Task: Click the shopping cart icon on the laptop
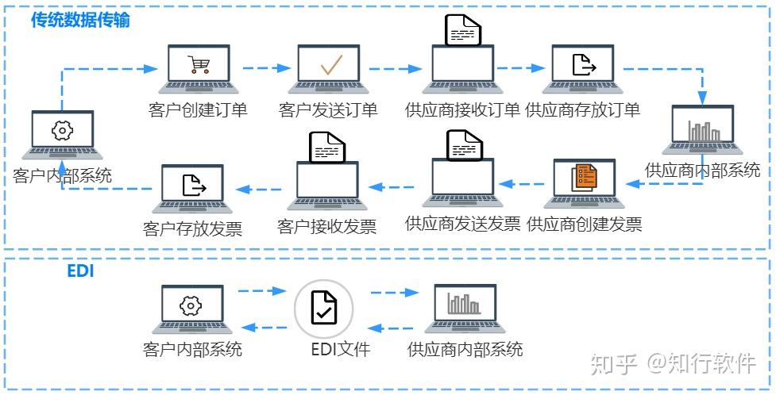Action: click(x=199, y=65)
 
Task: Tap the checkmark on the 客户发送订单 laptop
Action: click(x=330, y=65)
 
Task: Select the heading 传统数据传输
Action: click(x=80, y=21)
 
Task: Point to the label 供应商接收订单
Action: click(x=462, y=109)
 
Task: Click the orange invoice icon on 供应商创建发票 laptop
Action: click(x=585, y=176)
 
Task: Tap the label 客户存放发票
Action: click(x=193, y=229)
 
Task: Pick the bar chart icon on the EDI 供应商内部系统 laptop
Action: click(x=464, y=305)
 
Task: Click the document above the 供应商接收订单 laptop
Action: click(x=464, y=31)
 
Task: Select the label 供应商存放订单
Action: click(x=583, y=109)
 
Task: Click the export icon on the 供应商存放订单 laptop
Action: click(x=585, y=65)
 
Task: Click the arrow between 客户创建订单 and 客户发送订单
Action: click(x=264, y=68)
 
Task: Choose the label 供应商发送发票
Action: click(x=462, y=224)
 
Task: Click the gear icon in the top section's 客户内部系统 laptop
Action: click(x=62, y=131)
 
